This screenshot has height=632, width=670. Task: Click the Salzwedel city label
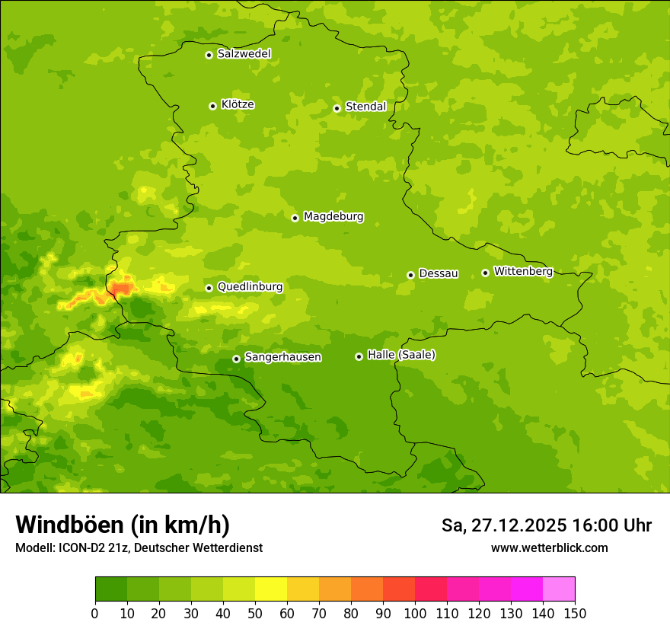coord(244,54)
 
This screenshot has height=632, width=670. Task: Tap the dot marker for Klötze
coord(212,106)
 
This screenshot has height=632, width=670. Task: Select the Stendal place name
coord(365,107)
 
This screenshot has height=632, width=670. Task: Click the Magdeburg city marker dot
coord(295,218)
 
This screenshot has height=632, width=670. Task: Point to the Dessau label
coord(439,273)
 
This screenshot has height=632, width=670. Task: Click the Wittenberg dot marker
coord(485,273)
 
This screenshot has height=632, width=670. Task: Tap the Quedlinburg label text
coord(250,287)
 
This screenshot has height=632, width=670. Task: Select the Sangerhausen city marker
coord(236,359)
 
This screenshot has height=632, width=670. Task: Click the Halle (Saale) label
coord(401,355)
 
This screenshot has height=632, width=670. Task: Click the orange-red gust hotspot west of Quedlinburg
coord(121,288)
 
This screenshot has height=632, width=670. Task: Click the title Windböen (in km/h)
coord(122,525)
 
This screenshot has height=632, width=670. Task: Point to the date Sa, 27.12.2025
coord(503,525)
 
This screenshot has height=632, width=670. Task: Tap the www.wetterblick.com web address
coord(549,547)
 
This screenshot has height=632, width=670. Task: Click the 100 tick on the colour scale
coord(415,613)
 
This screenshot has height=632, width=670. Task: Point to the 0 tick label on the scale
coord(95,613)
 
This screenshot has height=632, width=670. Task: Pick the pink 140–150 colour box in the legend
coord(559,589)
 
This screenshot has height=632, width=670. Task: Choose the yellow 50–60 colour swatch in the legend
coord(271,589)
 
